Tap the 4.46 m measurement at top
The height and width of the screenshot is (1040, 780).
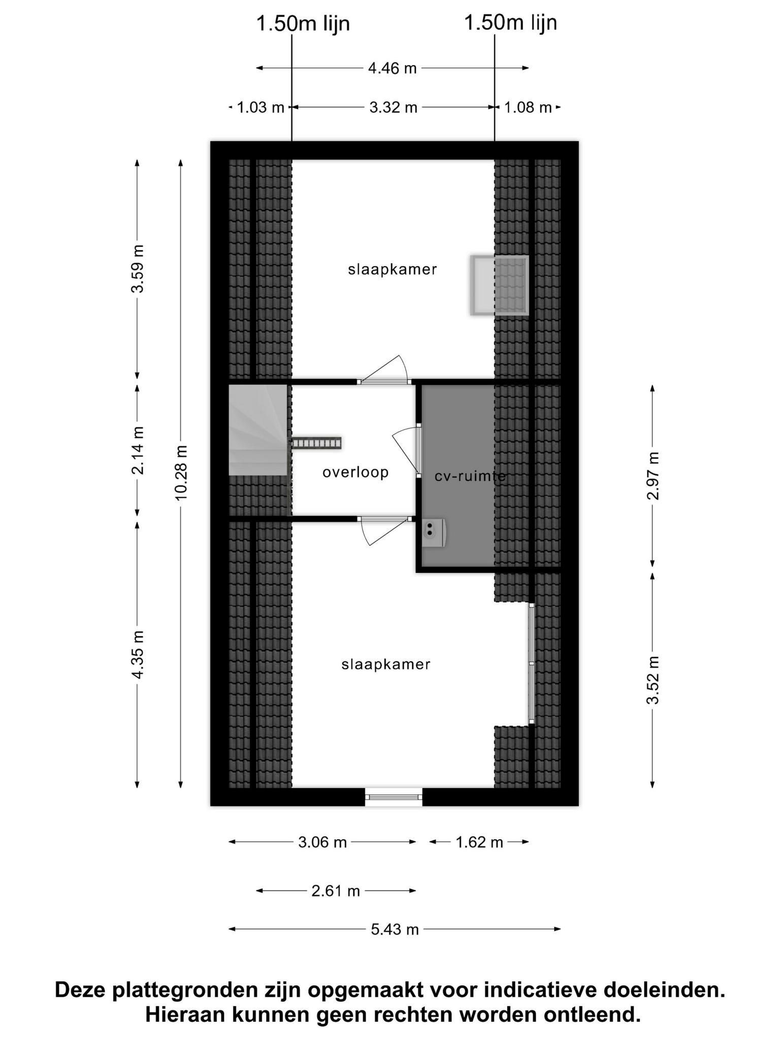coord(392,68)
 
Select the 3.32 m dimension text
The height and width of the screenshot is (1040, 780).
coord(393,108)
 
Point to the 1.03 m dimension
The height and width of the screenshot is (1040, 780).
coord(261,108)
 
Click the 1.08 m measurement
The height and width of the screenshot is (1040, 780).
coord(528,108)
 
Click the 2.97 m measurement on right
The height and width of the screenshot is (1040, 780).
coord(653,475)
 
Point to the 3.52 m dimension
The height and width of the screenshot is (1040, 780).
coord(653,680)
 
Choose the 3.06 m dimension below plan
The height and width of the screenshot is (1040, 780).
coord(322,842)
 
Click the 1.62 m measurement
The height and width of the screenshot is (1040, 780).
coord(479,842)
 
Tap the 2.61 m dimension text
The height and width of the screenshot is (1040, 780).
coord(336,891)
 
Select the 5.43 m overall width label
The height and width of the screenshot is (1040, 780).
coord(395,929)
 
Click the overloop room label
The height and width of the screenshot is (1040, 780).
coord(355,472)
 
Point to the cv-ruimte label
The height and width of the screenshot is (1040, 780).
coord(470,476)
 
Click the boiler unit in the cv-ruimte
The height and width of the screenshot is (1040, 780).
coord(434,533)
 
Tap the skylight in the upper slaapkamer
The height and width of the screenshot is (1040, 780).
coord(500,285)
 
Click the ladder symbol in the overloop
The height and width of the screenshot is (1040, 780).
coord(317,443)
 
